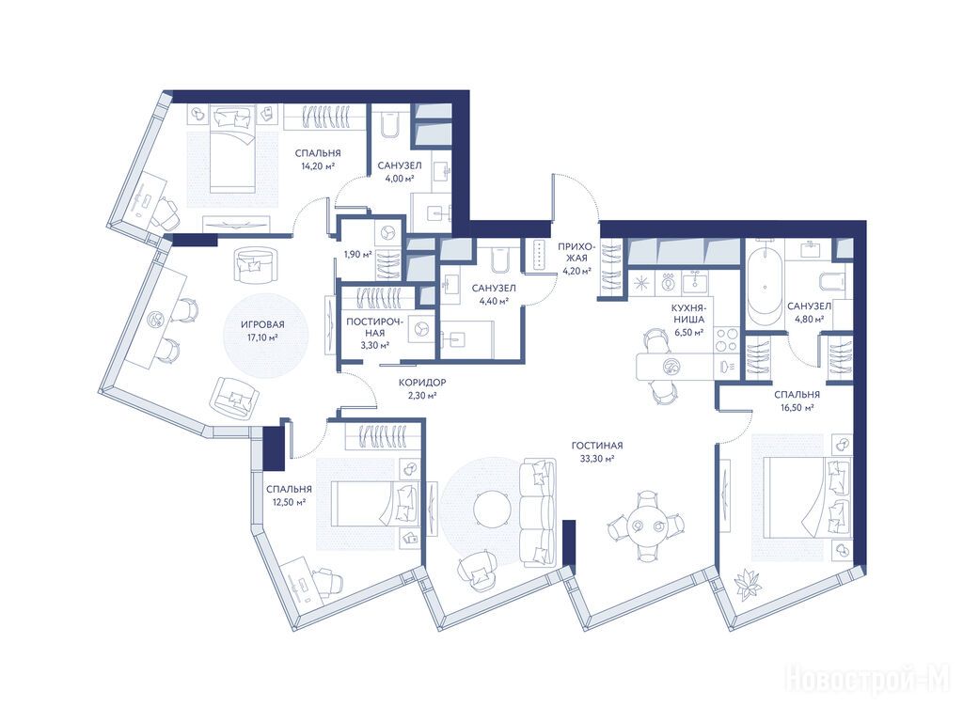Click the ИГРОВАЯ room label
point(262,324)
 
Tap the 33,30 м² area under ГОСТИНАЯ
point(593,459)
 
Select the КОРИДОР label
point(422,383)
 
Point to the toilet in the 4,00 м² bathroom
point(388,125)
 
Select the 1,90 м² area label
point(357,254)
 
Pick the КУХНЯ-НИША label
point(690,312)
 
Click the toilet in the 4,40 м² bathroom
point(498,257)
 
